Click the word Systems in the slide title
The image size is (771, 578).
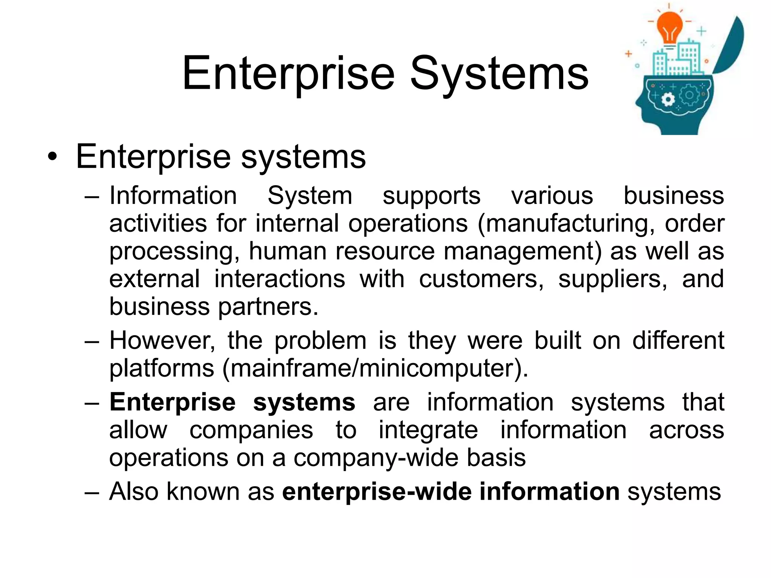pos(499,73)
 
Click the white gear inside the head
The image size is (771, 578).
pos(668,100)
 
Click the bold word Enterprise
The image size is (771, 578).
pos(173,402)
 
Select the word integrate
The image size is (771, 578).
pos(428,430)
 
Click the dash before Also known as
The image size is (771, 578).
pos(92,492)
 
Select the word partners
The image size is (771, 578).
pos(268,307)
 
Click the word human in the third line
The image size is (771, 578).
pos(288,251)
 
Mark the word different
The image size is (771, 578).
pos(678,341)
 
